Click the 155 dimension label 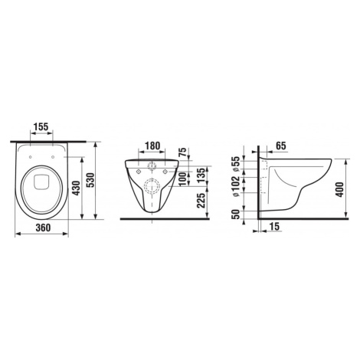tap(41, 126)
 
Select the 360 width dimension tap(43, 227)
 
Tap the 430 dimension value tap(77, 188)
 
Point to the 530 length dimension tap(90, 181)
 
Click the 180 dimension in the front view tap(152, 146)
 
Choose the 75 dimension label tap(182, 152)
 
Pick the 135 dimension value tap(201, 175)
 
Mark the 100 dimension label tap(182, 179)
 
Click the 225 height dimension tap(202, 201)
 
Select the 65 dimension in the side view tap(281, 146)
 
